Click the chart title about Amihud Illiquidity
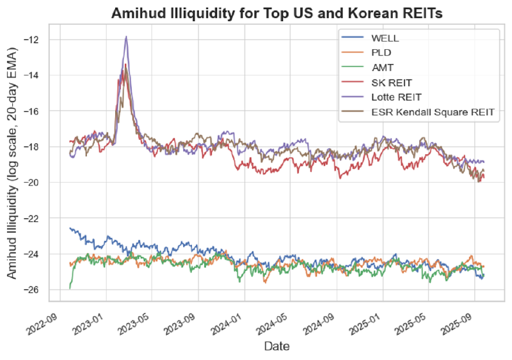276,13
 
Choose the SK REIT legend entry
392,82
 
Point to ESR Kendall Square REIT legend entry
433,112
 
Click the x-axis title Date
277,347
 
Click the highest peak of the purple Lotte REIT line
126,36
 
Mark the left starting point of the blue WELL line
70,228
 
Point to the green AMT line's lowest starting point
70,288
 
